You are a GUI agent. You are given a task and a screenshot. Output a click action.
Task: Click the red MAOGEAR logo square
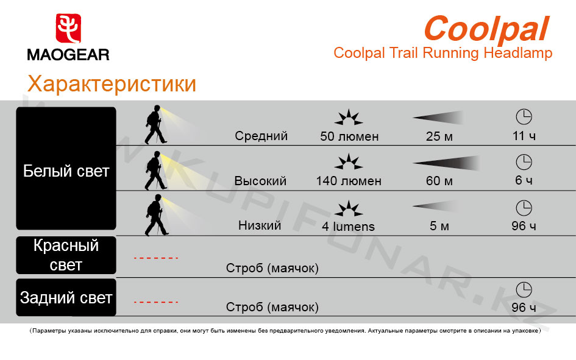(x=68, y=28)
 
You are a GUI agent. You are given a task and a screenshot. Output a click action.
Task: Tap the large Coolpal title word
(x=486, y=29)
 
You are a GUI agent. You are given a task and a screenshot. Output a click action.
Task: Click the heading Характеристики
(x=112, y=83)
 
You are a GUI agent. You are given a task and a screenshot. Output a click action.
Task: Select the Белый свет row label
(x=66, y=171)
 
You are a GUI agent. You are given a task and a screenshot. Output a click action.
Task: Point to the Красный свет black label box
(x=66, y=255)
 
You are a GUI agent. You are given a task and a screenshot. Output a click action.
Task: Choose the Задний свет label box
(x=66, y=297)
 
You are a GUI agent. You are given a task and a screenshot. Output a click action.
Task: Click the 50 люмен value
(x=349, y=136)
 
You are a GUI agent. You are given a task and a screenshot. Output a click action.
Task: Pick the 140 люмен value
(x=349, y=180)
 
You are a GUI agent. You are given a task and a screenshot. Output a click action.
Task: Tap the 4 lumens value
(x=348, y=226)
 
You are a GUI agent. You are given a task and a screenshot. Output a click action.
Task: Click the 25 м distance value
(x=439, y=136)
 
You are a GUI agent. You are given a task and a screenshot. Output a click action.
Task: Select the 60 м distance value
(x=439, y=180)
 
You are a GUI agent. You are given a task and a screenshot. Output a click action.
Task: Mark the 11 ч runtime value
(x=524, y=136)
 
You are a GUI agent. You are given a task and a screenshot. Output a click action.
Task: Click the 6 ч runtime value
(x=524, y=180)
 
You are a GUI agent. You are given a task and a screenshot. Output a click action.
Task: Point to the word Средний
(x=261, y=136)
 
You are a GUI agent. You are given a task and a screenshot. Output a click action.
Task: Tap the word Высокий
(x=260, y=180)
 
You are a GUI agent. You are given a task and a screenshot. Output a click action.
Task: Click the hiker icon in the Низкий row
(x=157, y=214)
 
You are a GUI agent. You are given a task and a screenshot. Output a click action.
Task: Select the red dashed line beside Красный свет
(x=156, y=258)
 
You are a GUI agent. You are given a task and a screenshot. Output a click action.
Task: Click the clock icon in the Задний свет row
(x=524, y=289)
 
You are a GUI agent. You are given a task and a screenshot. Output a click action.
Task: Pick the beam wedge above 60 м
(x=446, y=163)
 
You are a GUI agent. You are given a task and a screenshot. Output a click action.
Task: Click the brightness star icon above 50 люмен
(x=349, y=118)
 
